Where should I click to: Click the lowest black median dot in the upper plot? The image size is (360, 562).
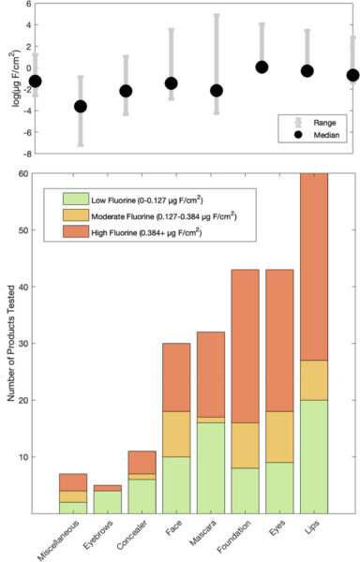81,106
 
